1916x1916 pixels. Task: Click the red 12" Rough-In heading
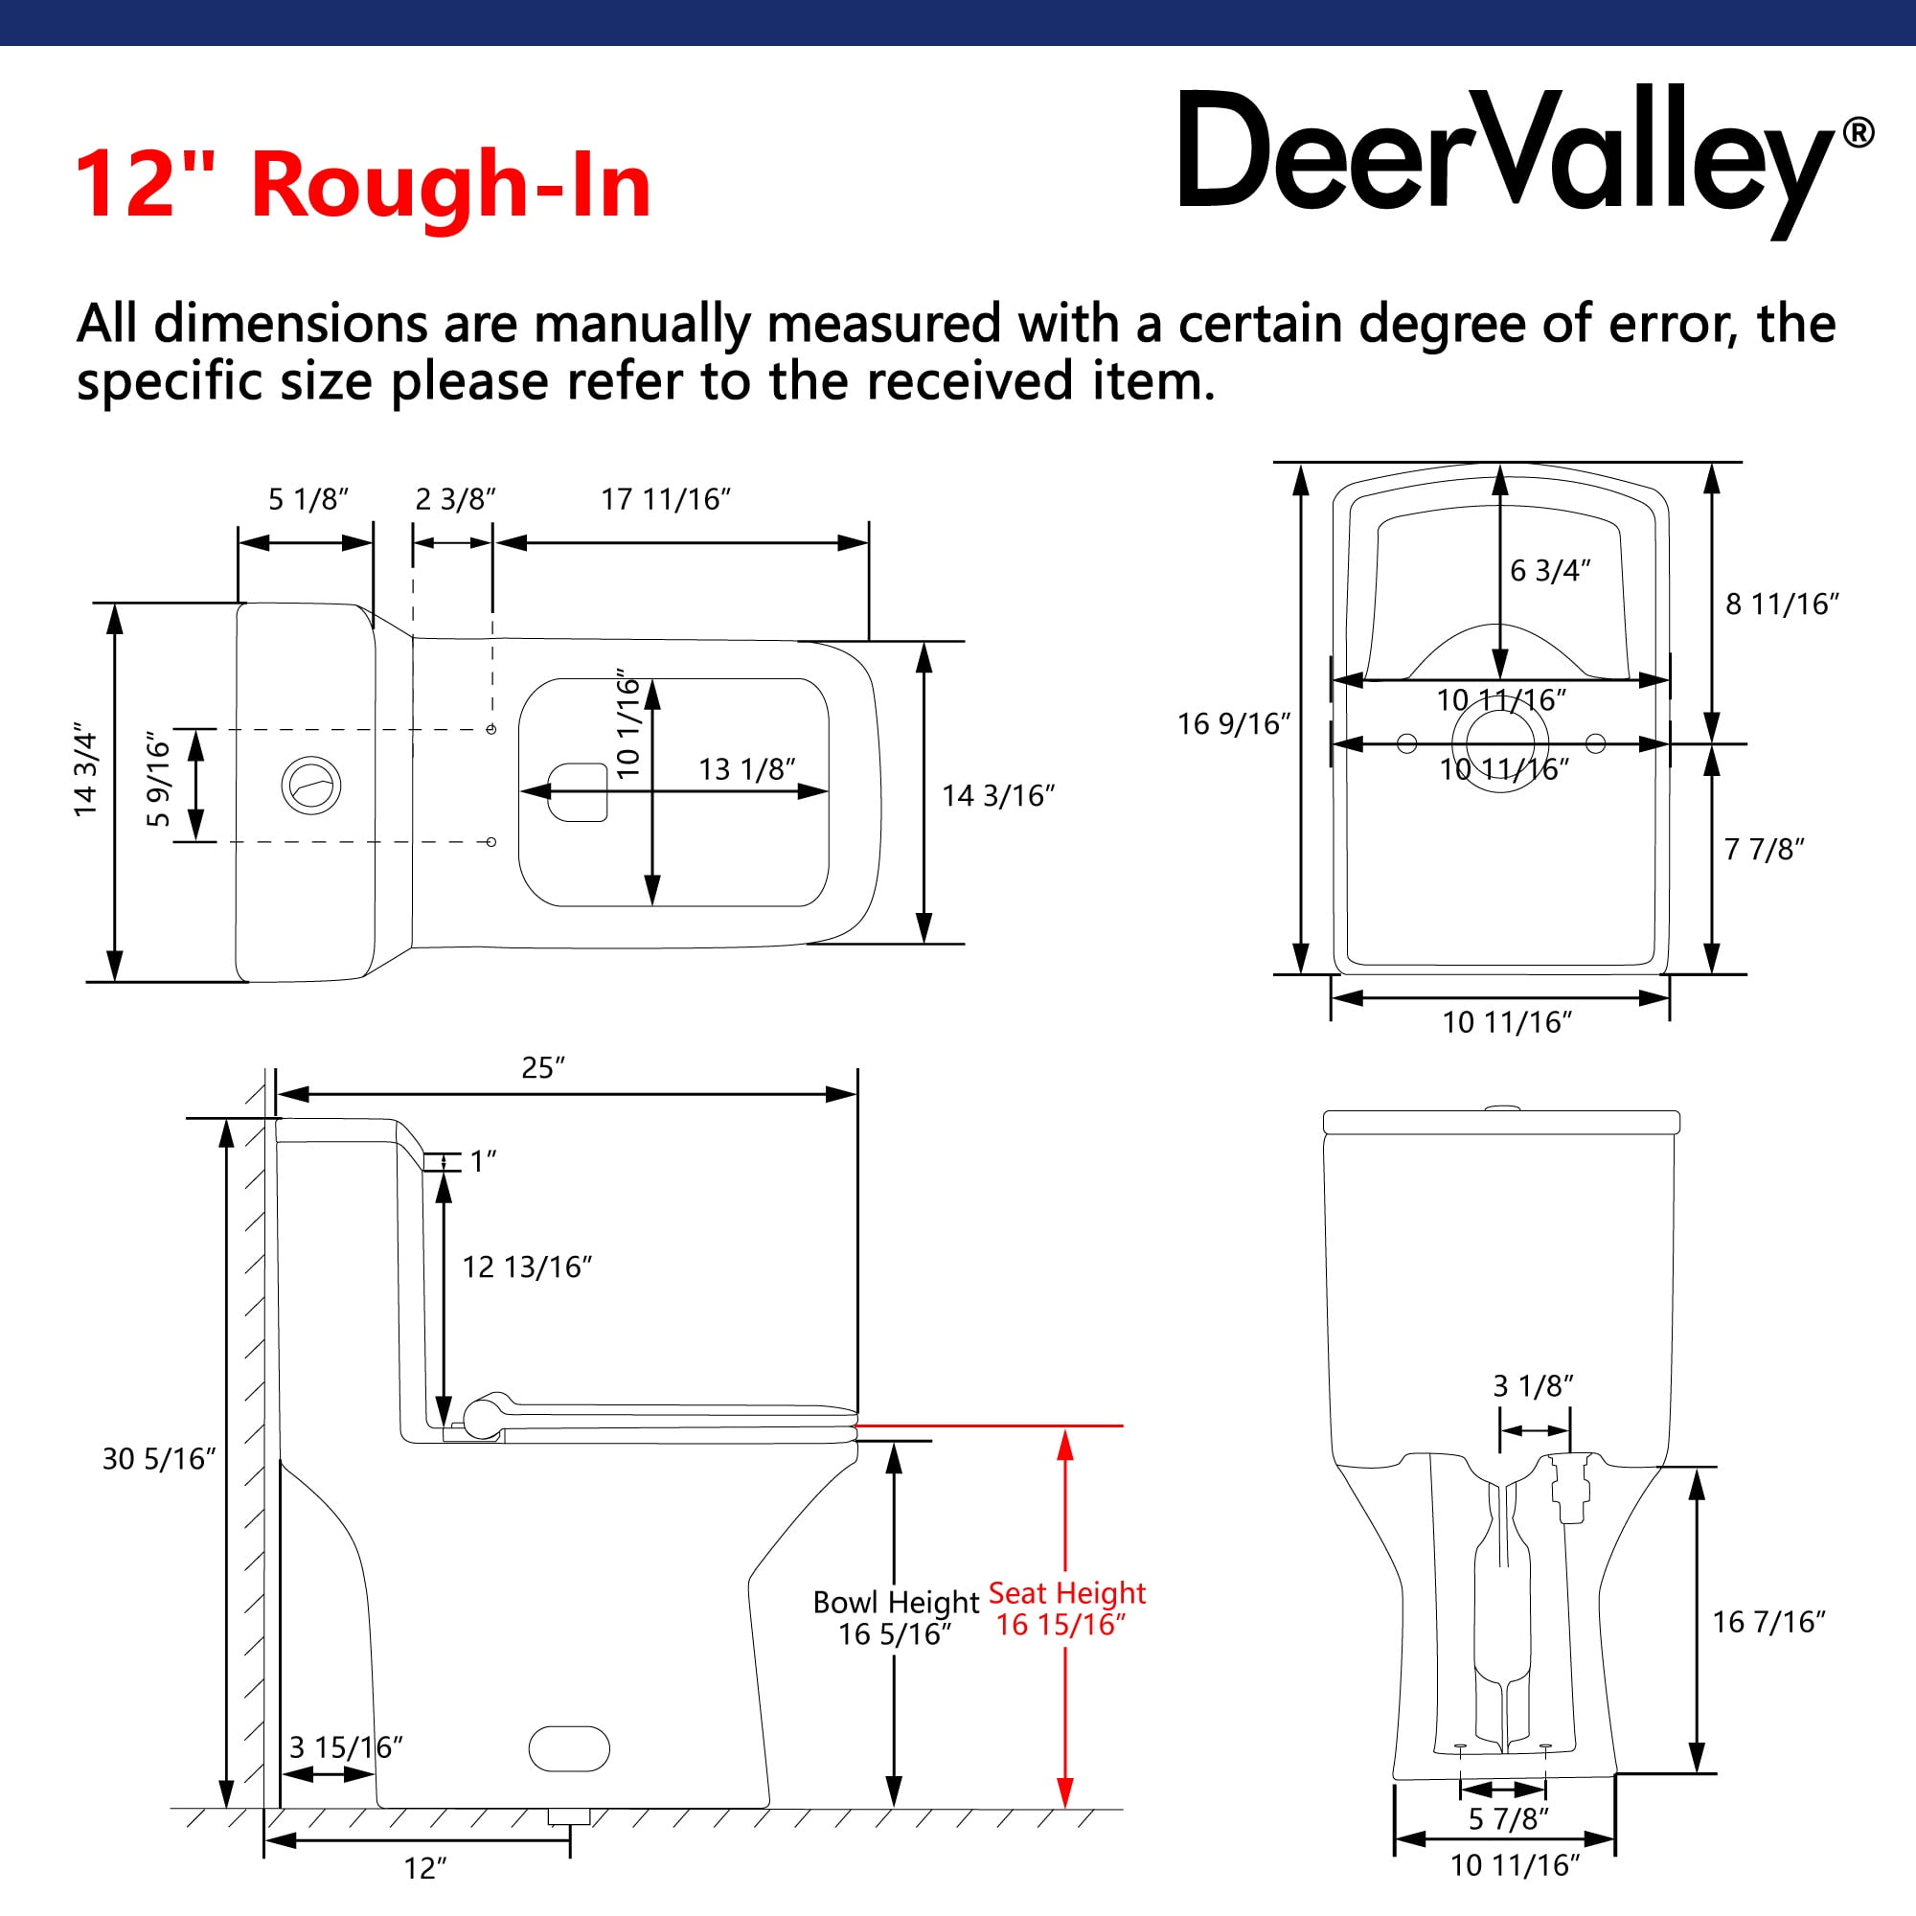(363, 185)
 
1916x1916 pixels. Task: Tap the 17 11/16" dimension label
(666, 499)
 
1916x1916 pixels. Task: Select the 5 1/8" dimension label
(308, 499)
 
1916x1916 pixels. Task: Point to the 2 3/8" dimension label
(455, 499)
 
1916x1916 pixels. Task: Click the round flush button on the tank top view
(311, 786)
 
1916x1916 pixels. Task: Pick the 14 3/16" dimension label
(997, 795)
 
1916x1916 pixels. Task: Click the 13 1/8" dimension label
(747, 768)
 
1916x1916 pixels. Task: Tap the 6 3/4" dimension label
(1550, 570)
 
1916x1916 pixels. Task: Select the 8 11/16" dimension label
(1782, 604)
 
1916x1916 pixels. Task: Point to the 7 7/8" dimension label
(1765, 849)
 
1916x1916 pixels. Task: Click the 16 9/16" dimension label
(1234, 724)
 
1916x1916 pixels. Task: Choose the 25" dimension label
(543, 1067)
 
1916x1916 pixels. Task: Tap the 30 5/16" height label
(159, 1459)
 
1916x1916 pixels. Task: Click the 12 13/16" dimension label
(528, 1266)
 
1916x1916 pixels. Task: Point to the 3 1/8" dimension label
(1533, 1385)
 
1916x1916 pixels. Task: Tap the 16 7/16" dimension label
(1769, 1622)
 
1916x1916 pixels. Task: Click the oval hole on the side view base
(569, 1748)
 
